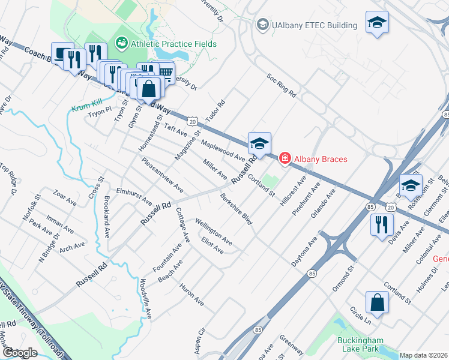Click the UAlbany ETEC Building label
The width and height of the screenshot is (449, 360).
click(315, 25)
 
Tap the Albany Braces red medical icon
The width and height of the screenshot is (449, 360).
click(284, 158)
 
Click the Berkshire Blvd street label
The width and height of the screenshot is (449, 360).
click(236, 209)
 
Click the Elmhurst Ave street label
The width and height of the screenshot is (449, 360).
click(134, 196)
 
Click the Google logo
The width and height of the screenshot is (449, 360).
click(20, 353)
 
